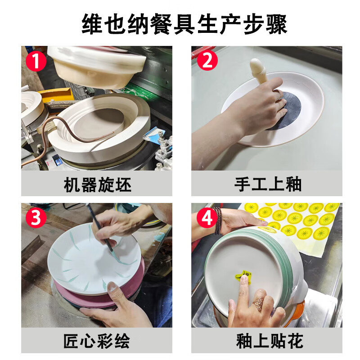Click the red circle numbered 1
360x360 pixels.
(x=36, y=61)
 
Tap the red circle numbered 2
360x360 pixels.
(x=207, y=60)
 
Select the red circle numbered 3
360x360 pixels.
(x=36, y=217)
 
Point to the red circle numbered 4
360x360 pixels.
(x=207, y=217)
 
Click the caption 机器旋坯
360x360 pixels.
(x=97, y=184)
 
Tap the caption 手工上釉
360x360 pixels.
(x=267, y=184)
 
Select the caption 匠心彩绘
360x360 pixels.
(x=97, y=341)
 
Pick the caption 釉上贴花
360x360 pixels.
(x=270, y=341)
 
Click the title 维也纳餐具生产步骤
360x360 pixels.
(x=184, y=24)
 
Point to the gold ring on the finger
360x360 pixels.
(x=259, y=303)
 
